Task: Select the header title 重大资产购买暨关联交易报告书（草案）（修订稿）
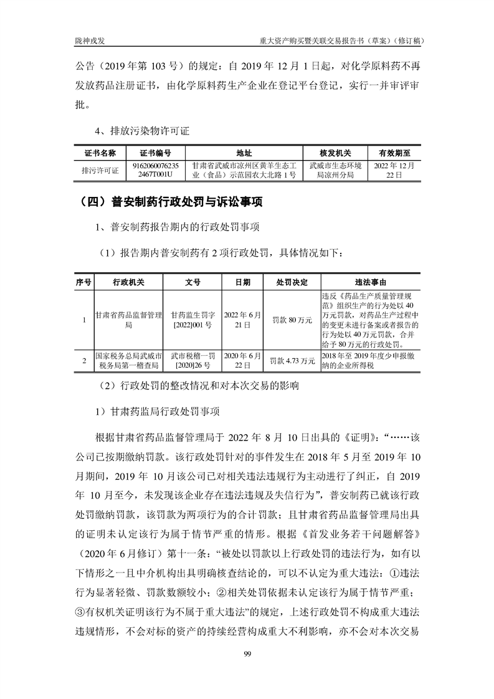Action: click(343, 40)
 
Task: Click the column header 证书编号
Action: click(156, 153)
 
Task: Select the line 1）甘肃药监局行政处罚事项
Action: click(156, 411)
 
